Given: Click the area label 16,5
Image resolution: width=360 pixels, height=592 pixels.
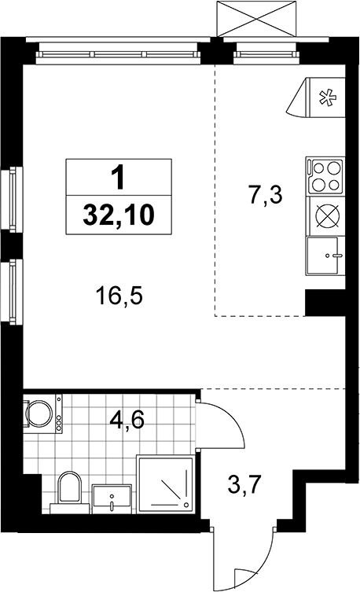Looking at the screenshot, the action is point(119,296).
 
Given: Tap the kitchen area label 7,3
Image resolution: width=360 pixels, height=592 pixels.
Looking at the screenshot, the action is point(266,196).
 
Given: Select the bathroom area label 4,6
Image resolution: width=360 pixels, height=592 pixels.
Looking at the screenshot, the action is point(127,420).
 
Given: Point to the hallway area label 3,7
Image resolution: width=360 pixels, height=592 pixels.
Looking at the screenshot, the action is point(245,485).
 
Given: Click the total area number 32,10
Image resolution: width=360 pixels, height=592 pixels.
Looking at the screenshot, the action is point(119,215).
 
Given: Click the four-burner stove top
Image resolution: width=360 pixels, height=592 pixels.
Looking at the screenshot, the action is point(325,176).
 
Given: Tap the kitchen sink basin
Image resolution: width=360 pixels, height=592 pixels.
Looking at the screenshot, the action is point(323,256).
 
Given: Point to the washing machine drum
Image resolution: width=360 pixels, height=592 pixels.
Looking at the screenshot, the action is point(39,413).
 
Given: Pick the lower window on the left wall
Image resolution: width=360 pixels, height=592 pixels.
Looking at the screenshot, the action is point(13,291).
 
